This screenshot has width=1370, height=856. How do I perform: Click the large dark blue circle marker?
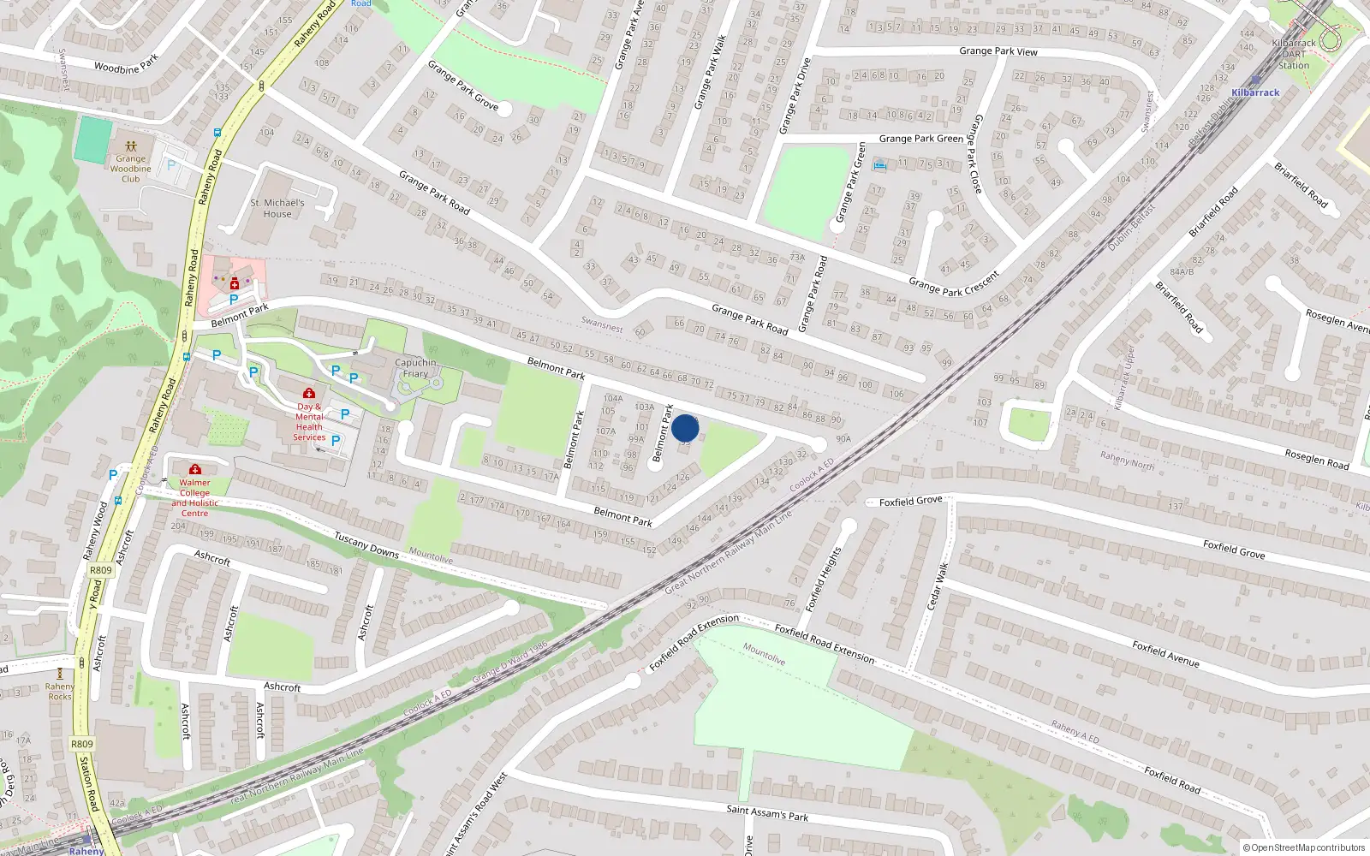(685, 428)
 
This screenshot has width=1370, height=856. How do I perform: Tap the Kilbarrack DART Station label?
(1294, 54)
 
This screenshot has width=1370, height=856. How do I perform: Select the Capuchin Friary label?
(415, 368)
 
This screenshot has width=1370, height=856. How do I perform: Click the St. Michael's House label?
(277, 208)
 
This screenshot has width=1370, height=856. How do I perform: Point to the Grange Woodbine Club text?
(130, 169)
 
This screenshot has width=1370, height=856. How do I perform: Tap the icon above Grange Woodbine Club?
(130, 146)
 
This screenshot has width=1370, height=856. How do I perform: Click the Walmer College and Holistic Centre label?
(194, 497)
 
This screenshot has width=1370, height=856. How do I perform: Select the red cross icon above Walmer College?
(195, 469)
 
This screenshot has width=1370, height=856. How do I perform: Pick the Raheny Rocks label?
(60, 691)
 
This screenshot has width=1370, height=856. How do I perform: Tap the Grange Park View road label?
(998, 51)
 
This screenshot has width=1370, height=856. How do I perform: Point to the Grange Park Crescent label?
(953, 283)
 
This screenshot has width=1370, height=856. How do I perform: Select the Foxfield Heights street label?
(824, 579)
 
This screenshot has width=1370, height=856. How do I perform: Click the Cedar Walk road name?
(938, 586)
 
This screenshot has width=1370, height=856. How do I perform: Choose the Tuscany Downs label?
(366, 545)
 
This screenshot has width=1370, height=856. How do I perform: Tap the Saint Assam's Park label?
(767, 812)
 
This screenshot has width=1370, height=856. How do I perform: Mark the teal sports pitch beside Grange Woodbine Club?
(93, 140)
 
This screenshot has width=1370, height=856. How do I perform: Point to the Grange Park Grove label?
(463, 85)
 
